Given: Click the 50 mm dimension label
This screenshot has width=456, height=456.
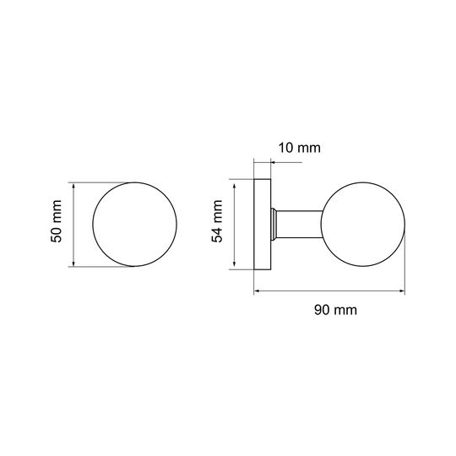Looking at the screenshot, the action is pos(56,221).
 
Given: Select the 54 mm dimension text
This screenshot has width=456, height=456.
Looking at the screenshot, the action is pos(217,221).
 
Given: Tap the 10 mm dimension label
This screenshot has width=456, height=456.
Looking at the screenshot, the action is pos(300,148).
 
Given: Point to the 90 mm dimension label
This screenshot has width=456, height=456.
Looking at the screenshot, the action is pos(335,310).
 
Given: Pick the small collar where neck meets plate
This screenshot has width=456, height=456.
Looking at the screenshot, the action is pos(274,225).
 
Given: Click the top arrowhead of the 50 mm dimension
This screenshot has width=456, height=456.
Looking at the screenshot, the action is pos(73,185).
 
